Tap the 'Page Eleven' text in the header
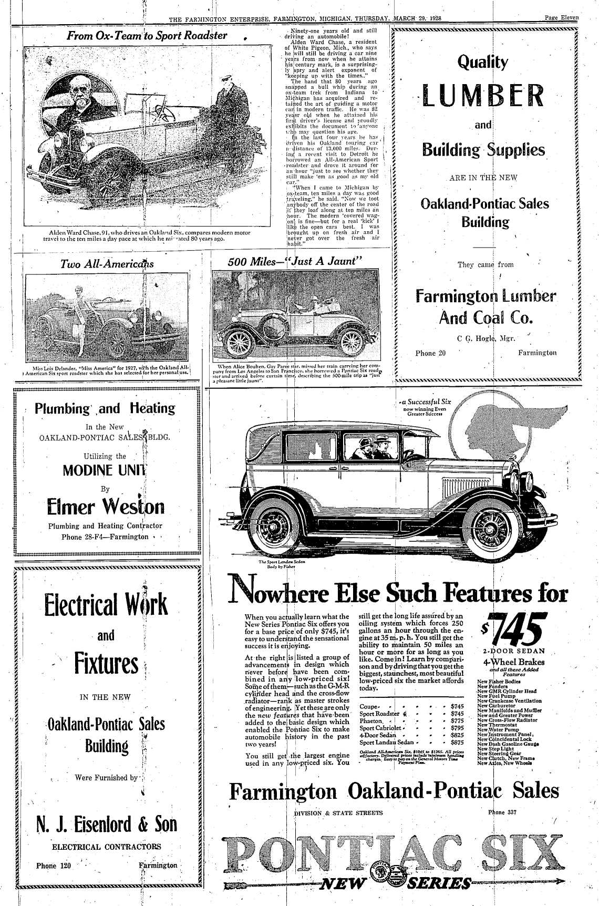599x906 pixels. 561,17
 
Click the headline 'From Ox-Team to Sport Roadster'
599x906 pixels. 147,36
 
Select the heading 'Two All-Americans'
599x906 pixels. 107,264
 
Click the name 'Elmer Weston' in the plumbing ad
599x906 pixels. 106,507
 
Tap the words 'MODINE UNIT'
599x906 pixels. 105,470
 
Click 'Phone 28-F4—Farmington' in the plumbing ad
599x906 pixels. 105,537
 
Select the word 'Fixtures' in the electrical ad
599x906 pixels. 106,663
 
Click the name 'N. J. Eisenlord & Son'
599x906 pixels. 107,824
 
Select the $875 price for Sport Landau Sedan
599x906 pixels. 458,743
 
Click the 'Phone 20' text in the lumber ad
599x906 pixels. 430,353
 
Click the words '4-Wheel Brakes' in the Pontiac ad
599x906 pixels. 509,662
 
